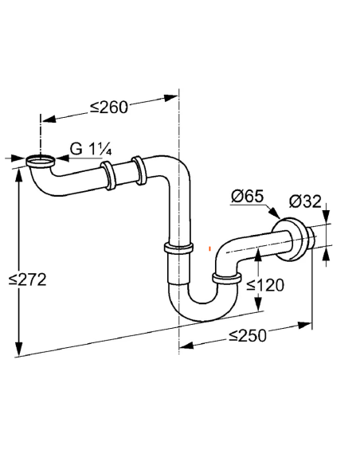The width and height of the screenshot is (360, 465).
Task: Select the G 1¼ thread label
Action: [88, 149]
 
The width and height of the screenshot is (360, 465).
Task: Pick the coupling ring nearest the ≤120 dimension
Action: [226, 278]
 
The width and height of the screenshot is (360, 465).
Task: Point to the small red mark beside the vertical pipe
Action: [209, 248]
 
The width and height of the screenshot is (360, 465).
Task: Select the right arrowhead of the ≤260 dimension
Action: [172, 98]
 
